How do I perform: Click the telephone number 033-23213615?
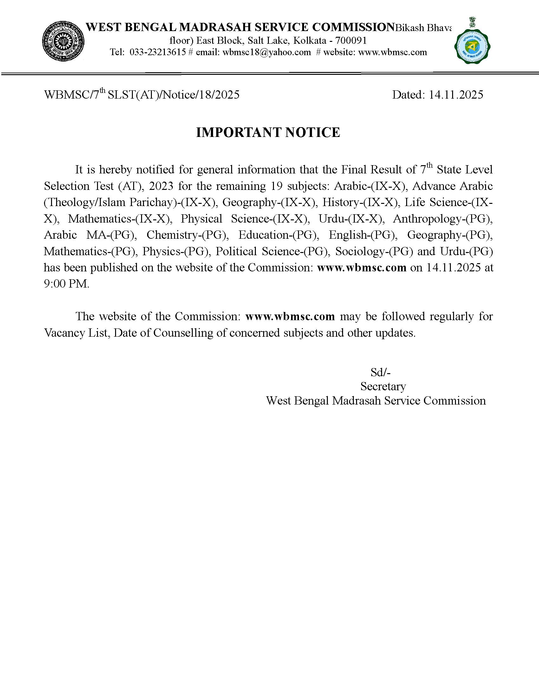(158, 52)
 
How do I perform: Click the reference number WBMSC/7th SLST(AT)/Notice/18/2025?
(142, 95)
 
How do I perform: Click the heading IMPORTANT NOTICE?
(268, 133)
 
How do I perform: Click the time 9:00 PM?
(66, 284)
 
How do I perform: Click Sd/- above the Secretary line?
(380, 373)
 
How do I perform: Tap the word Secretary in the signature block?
(383, 386)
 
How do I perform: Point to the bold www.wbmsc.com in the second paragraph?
(290, 317)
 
